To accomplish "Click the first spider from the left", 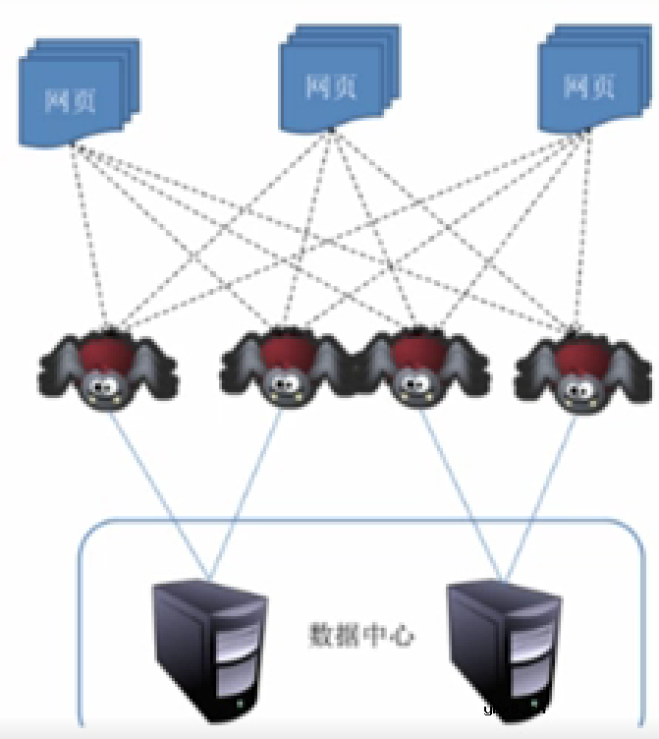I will pos(109,368).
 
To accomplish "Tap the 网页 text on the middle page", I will pos(330,86).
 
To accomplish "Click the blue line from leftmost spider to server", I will pos(157,491).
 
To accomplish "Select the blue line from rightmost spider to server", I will pos(540,491).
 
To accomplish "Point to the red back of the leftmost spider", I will pos(107,349).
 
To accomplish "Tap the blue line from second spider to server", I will pos(247,491).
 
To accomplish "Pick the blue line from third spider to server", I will pos(462,491).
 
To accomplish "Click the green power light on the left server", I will pos(240,705).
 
